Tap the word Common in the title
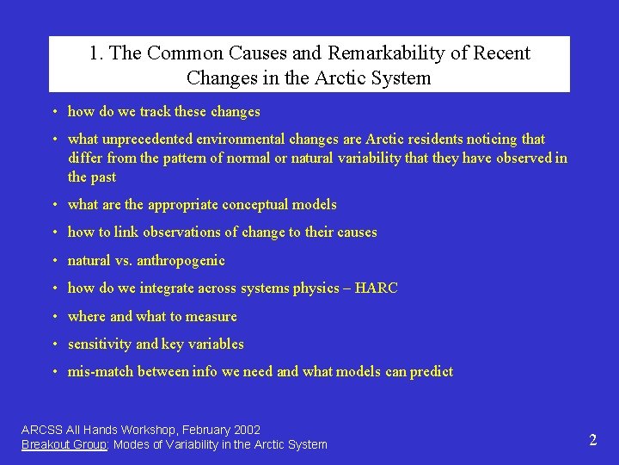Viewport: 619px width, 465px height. coord(179,53)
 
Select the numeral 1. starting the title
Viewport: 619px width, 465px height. coord(96,53)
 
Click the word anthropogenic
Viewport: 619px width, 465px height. coord(181,261)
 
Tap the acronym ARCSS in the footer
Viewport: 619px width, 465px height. coord(42,430)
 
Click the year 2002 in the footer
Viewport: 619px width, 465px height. coord(246,430)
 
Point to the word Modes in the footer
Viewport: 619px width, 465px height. coord(131,444)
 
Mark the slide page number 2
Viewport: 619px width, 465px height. coord(592,440)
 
